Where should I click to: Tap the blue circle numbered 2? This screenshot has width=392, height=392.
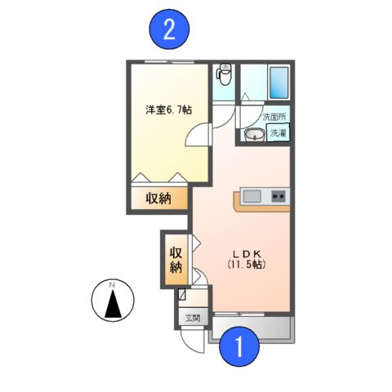(169, 30)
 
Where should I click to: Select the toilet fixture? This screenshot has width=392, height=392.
(225, 76)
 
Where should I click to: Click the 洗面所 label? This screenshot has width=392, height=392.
(274, 117)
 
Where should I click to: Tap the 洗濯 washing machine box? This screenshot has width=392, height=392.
(278, 133)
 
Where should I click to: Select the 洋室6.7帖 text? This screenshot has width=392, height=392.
(169, 110)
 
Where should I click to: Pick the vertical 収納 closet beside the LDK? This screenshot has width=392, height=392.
(176, 259)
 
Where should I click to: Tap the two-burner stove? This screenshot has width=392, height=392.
(278, 196)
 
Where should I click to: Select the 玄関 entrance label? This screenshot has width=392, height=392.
(191, 318)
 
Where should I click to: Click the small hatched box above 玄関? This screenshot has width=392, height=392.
(183, 298)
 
